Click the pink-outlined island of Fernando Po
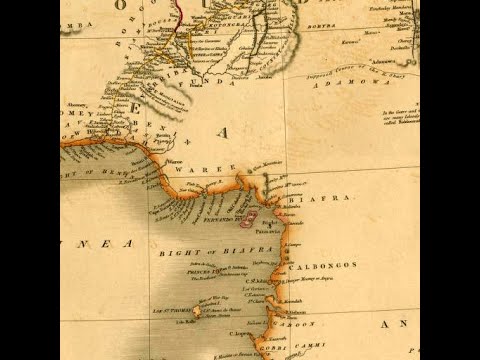pos(246,216)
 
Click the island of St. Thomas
pos(197,312)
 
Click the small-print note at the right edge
pos(401,119)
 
